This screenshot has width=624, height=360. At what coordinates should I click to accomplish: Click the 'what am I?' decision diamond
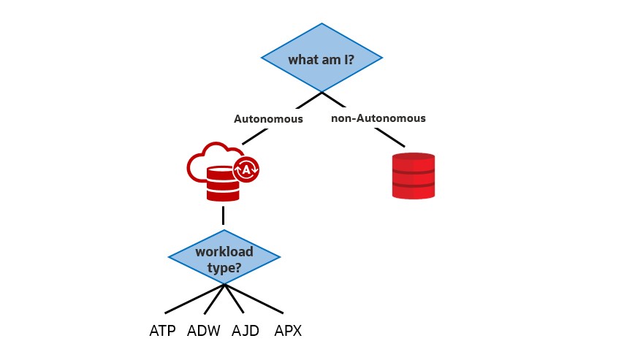click(321, 58)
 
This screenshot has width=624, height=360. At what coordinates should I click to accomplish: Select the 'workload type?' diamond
click(224, 258)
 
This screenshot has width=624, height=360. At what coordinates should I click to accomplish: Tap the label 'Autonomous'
click(268, 119)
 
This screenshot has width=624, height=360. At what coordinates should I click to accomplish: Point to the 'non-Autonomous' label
click(378, 118)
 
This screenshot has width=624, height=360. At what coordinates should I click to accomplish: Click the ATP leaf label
click(162, 331)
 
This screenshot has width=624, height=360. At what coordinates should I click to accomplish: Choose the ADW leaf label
click(203, 331)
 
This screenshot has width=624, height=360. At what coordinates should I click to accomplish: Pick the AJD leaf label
click(246, 331)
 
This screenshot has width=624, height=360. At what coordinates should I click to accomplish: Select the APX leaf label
click(288, 331)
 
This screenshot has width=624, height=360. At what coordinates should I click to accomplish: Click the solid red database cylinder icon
click(414, 176)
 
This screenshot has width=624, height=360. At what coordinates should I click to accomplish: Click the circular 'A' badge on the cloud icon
click(246, 169)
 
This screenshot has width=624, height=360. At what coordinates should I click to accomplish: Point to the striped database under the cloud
click(223, 184)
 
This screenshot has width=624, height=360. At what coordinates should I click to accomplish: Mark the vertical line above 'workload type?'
click(223, 215)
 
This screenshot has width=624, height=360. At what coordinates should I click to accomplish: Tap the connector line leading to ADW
click(215, 299)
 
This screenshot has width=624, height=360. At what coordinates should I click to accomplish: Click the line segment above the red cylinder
click(390, 137)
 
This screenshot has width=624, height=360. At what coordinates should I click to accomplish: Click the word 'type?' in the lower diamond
click(224, 267)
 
